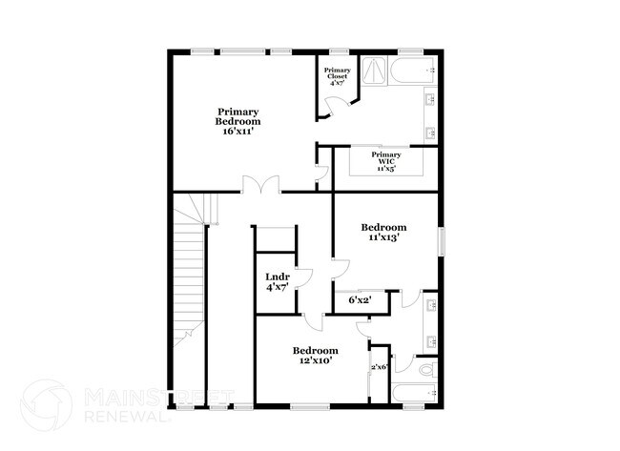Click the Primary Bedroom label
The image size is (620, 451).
tap(238, 116)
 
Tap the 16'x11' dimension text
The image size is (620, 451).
tap(238, 132)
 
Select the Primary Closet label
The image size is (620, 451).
tap(337, 74)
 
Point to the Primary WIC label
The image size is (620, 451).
tap(385, 158)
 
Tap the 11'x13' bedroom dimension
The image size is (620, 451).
tap(383, 238)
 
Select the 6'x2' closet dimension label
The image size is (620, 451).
tap(360, 300)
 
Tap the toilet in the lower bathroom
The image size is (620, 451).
tap(425, 367)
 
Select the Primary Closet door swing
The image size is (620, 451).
tap(324, 113)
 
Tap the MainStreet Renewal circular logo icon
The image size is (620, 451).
tap(46, 403)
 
